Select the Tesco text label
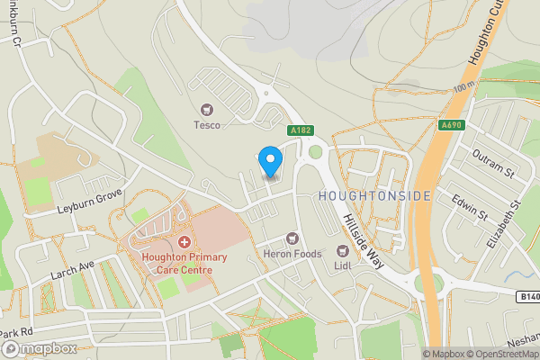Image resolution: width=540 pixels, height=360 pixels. pos(207,125)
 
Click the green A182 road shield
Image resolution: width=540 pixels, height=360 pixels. pos(301,131)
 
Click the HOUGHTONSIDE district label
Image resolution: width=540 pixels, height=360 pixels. pos(375,196)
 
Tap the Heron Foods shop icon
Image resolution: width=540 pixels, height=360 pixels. pos(291,238)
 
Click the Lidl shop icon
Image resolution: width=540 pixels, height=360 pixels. pos(342,250)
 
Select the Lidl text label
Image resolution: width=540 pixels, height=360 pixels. pos(342,265)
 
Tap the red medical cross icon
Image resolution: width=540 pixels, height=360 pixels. pos(184,242)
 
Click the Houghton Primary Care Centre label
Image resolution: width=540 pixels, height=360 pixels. pos(184,264)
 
